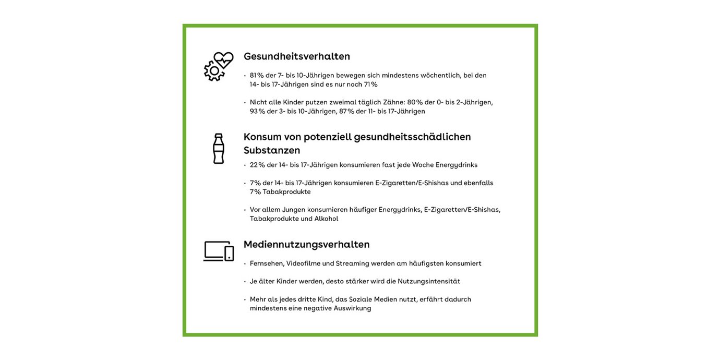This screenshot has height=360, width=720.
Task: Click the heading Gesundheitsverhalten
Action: (x=296, y=56)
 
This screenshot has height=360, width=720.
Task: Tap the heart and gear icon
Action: (x=219, y=66)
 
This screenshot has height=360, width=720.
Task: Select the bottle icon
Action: (x=218, y=149)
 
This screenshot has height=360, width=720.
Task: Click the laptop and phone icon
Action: (x=219, y=251)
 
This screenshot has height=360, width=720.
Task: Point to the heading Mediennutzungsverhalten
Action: (x=306, y=244)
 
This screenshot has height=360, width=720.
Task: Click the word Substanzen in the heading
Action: (x=271, y=150)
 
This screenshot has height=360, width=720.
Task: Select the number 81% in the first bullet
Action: (x=257, y=75)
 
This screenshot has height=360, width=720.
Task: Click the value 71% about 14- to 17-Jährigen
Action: (x=370, y=85)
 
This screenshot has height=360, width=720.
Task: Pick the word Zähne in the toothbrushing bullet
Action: (x=393, y=102)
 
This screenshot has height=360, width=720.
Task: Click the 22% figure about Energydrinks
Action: (x=257, y=165)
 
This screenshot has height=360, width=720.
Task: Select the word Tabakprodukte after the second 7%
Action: (x=286, y=192)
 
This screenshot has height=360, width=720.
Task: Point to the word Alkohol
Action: (x=326, y=219)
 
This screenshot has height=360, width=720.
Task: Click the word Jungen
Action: (x=293, y=210)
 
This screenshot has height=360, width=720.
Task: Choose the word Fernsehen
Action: (x=266, y=263)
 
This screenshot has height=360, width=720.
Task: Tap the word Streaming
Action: (x=352, y=263)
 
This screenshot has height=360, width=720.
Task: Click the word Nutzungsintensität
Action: (x=429, y=281)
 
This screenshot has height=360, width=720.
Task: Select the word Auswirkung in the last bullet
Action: (x=352, y=308)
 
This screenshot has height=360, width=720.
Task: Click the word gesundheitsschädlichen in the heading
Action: (x=412, y=137)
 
